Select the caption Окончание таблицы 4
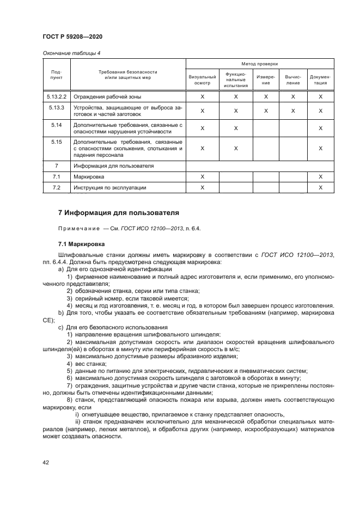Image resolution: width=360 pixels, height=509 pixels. [x=69, y=53]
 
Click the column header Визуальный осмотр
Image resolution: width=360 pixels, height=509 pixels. [x=202, y=80]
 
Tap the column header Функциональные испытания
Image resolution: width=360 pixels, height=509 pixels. [x=236, y=79]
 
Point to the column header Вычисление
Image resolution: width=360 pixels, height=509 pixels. [x=293, y=80]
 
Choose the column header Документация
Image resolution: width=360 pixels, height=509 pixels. [x=320, y=80]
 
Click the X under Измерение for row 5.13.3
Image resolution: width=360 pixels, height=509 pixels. [x=266, y=111]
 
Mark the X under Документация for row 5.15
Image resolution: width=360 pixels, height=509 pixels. [x=320, y=148]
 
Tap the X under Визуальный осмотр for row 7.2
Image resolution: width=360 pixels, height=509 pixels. [x=202, y=188]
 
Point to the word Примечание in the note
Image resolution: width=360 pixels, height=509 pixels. [x=75, y=228]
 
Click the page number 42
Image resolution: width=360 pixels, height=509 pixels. [x=45, y=462]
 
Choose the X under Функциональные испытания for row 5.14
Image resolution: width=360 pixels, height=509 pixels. [x=236, y=128]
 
